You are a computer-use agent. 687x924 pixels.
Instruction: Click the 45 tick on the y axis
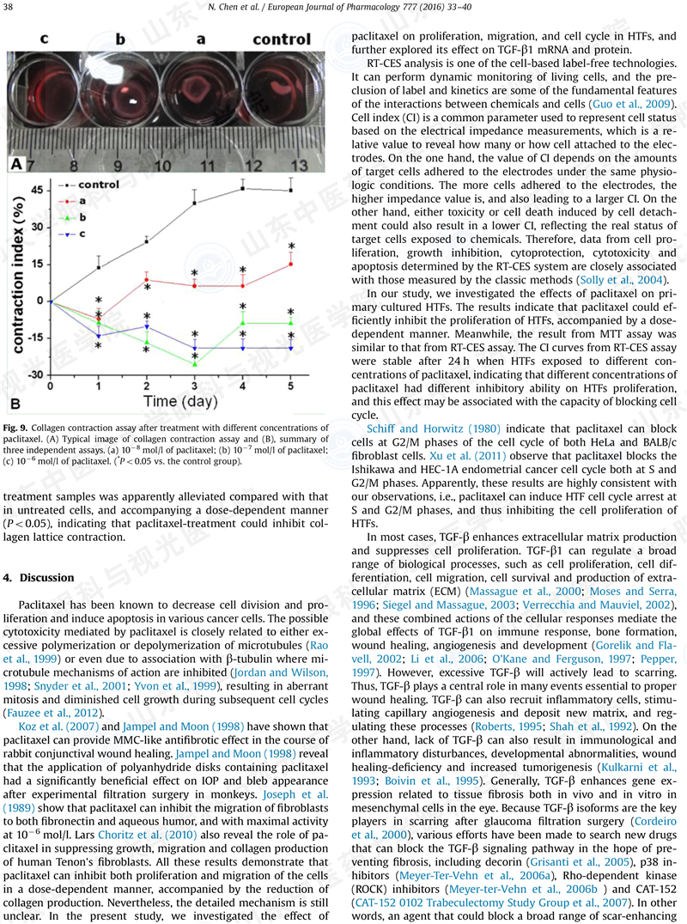click(x=37, y=189)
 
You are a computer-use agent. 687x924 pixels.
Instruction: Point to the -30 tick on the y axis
click(x=35, y=375)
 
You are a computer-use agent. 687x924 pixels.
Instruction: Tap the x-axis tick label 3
click(x=195, y=387)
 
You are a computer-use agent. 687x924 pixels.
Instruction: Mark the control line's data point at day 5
click(x=291, y=190)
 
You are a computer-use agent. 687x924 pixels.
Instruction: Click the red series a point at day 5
click(x=291, y=264)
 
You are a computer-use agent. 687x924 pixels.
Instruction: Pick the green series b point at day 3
click(x=195, y=364)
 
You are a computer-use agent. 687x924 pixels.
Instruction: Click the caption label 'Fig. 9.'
click(x=18, y=428)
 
